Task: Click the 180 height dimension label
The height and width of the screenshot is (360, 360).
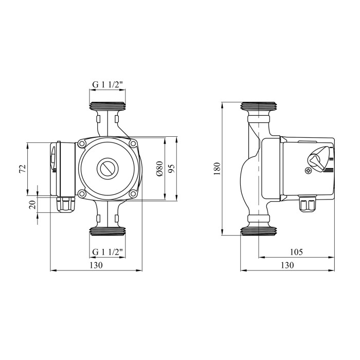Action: pyautogui.click(x=217, y=169)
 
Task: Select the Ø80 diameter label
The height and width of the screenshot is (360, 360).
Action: pyautogui.click(x=159, y=169)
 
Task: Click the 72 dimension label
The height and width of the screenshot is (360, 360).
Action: pyautogui.click(x=23, y=169)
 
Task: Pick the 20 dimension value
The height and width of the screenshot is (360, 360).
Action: pyautogui.click(x=33, y=204)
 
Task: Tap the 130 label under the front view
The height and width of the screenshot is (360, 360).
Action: pyautogui.click(x=96, y=265)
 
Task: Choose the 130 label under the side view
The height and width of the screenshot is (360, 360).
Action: pyautogui.click(x=287, y=265)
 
